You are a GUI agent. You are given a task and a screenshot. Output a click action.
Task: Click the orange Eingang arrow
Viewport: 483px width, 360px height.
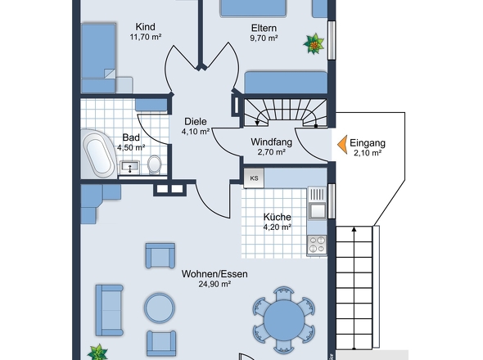pos(343,145)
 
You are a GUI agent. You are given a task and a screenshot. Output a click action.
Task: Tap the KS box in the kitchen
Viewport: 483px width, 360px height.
pos(254,178)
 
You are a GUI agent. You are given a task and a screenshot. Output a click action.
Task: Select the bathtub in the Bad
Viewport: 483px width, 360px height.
pos(98,154)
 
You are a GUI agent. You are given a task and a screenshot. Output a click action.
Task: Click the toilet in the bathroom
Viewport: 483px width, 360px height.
pos(155,164)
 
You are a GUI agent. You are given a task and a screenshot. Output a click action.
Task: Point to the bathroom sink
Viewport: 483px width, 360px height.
pos(129,168)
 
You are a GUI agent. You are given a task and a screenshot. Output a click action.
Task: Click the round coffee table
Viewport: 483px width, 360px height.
pos(160,308)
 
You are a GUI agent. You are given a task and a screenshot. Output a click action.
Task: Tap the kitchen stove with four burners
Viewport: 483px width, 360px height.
pos(317,245)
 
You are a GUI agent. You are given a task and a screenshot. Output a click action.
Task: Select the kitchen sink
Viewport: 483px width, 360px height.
pos(317,210)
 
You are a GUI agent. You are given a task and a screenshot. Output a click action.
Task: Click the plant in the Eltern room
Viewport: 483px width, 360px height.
pos(314,43)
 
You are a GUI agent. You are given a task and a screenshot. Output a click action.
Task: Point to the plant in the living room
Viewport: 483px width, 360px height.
pos(97,352)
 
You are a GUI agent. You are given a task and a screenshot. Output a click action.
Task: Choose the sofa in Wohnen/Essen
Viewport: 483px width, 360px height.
pos(110,310)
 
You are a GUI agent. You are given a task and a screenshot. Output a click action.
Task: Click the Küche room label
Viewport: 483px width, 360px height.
pos(278,217)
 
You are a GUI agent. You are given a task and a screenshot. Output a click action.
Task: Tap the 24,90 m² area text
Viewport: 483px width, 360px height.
pos(214,284)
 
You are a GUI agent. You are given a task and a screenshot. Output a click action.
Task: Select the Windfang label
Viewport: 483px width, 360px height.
pos(271,142)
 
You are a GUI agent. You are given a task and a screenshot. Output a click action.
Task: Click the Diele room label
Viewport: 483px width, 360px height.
pos(196,121)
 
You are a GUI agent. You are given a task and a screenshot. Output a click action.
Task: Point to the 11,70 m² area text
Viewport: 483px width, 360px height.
pos(146,37)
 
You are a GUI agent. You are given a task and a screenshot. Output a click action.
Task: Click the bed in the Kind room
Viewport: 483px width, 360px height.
pos(98,58)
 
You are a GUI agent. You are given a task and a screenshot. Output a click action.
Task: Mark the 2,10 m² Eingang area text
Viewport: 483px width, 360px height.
pos(368,153)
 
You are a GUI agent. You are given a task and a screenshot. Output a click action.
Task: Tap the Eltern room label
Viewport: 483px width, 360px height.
pos(264,28)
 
